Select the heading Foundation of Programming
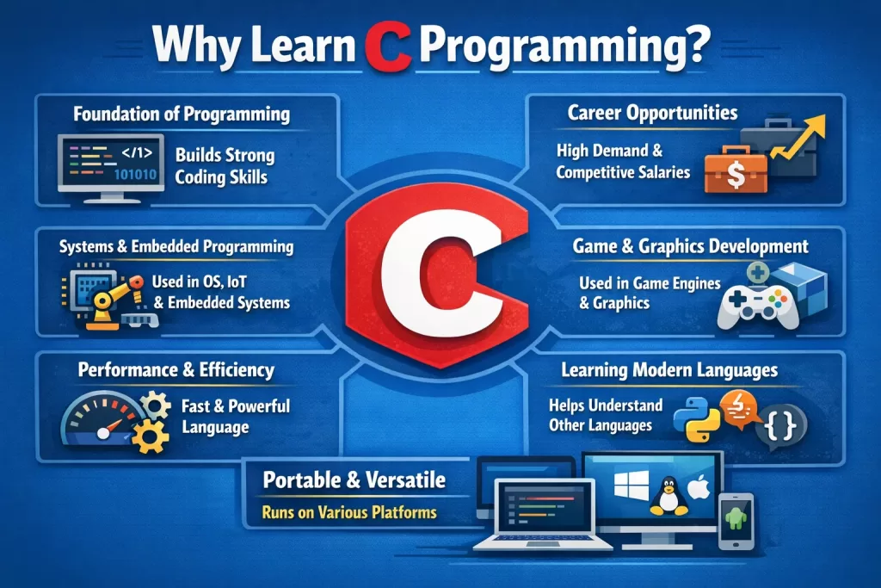point(182,115)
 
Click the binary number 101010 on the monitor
point(135,174)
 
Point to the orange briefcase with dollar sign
point(736,170)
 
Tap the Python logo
point(696,418)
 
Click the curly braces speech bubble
point(780,427)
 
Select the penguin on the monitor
point(668,496)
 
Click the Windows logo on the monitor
point(631,486)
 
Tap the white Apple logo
point(699,486)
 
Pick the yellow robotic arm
point(115,300)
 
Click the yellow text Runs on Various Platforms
point(349,512)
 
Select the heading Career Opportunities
point(652,113)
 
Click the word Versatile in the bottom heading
point(405,480)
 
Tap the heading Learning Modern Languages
point(669,370)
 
